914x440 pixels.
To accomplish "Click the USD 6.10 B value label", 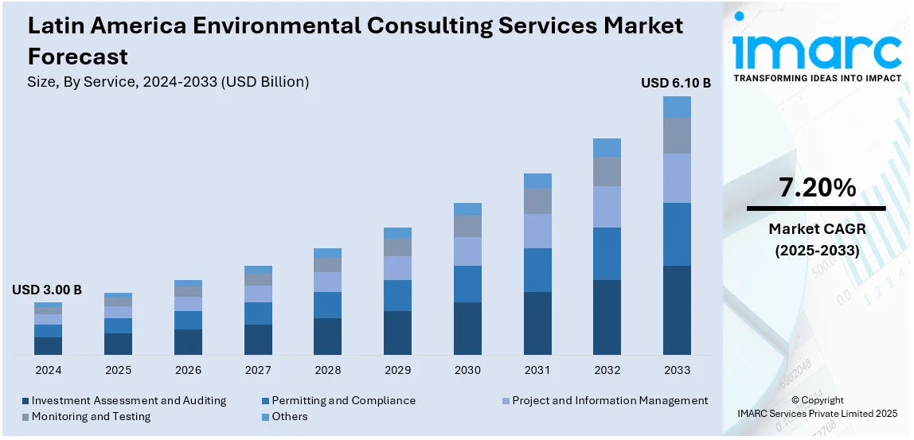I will click(676, 83).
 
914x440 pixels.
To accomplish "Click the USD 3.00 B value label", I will click(47, 290).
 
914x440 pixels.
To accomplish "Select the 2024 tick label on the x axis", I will click(49, 370).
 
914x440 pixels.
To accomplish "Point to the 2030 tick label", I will click(467, 370).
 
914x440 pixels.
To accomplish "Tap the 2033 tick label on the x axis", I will click(678, 370).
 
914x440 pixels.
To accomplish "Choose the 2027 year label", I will click(258, 370).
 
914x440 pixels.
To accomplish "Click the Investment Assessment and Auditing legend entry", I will click(128, 401).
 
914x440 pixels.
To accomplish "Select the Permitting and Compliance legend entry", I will click(343, 401).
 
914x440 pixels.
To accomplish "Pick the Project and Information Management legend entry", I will click(609, 401).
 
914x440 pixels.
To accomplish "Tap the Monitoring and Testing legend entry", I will click(91, 416).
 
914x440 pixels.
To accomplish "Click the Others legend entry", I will click(289, 416).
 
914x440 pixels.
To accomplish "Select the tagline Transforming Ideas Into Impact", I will click(817, 78).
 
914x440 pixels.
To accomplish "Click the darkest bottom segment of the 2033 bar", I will click(678, 310).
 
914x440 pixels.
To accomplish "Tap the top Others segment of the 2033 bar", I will click(678, 107).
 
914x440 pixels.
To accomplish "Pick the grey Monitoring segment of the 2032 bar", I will click(607, 171).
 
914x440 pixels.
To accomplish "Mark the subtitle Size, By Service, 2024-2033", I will click(168, 81).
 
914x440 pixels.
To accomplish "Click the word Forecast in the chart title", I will click(77, 56).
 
